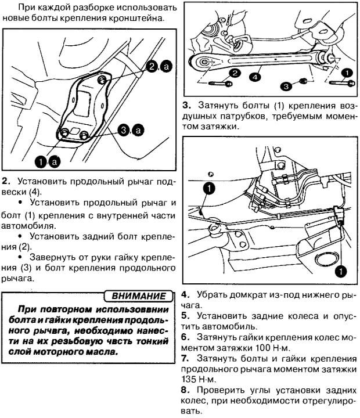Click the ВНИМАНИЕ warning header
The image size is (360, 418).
(x=142, y=296)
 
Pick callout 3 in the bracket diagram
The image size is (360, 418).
(x=124, y=130)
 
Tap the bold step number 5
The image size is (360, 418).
(x=184, y=316)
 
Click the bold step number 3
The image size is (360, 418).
(x=185, y=106)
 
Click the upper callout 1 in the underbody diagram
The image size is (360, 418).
(x=209, y=187)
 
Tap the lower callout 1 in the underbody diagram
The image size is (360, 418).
(x=340, y=269)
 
